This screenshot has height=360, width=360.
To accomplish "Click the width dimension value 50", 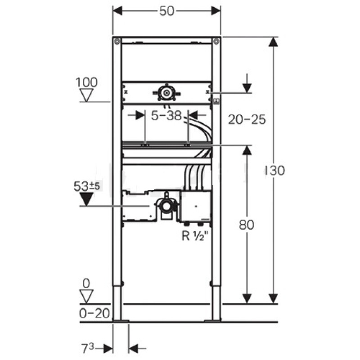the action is point(167,11).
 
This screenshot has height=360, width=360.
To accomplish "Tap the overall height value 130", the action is point(275,171).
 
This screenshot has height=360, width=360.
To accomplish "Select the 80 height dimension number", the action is point(247,225).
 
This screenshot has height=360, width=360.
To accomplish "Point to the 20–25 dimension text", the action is point(247,119).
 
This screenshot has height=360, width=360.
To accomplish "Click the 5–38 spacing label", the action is point(166,116).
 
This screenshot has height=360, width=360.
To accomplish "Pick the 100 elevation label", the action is point(86,82).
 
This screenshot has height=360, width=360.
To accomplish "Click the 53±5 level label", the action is point(87,186).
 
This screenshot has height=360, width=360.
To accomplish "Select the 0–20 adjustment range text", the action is point(94,313).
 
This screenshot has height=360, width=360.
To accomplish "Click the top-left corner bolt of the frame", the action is point(117,41).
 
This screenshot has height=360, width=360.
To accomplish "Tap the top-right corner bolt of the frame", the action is point(216,41).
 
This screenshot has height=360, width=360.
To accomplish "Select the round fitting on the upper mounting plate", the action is point(166,93).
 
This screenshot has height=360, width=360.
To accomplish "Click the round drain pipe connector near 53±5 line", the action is point(166,206).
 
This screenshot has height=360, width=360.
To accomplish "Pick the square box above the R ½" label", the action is point(196,206).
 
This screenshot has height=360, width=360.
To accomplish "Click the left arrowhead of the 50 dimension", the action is point(117,11).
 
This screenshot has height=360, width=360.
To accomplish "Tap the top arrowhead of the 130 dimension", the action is point(273,42).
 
